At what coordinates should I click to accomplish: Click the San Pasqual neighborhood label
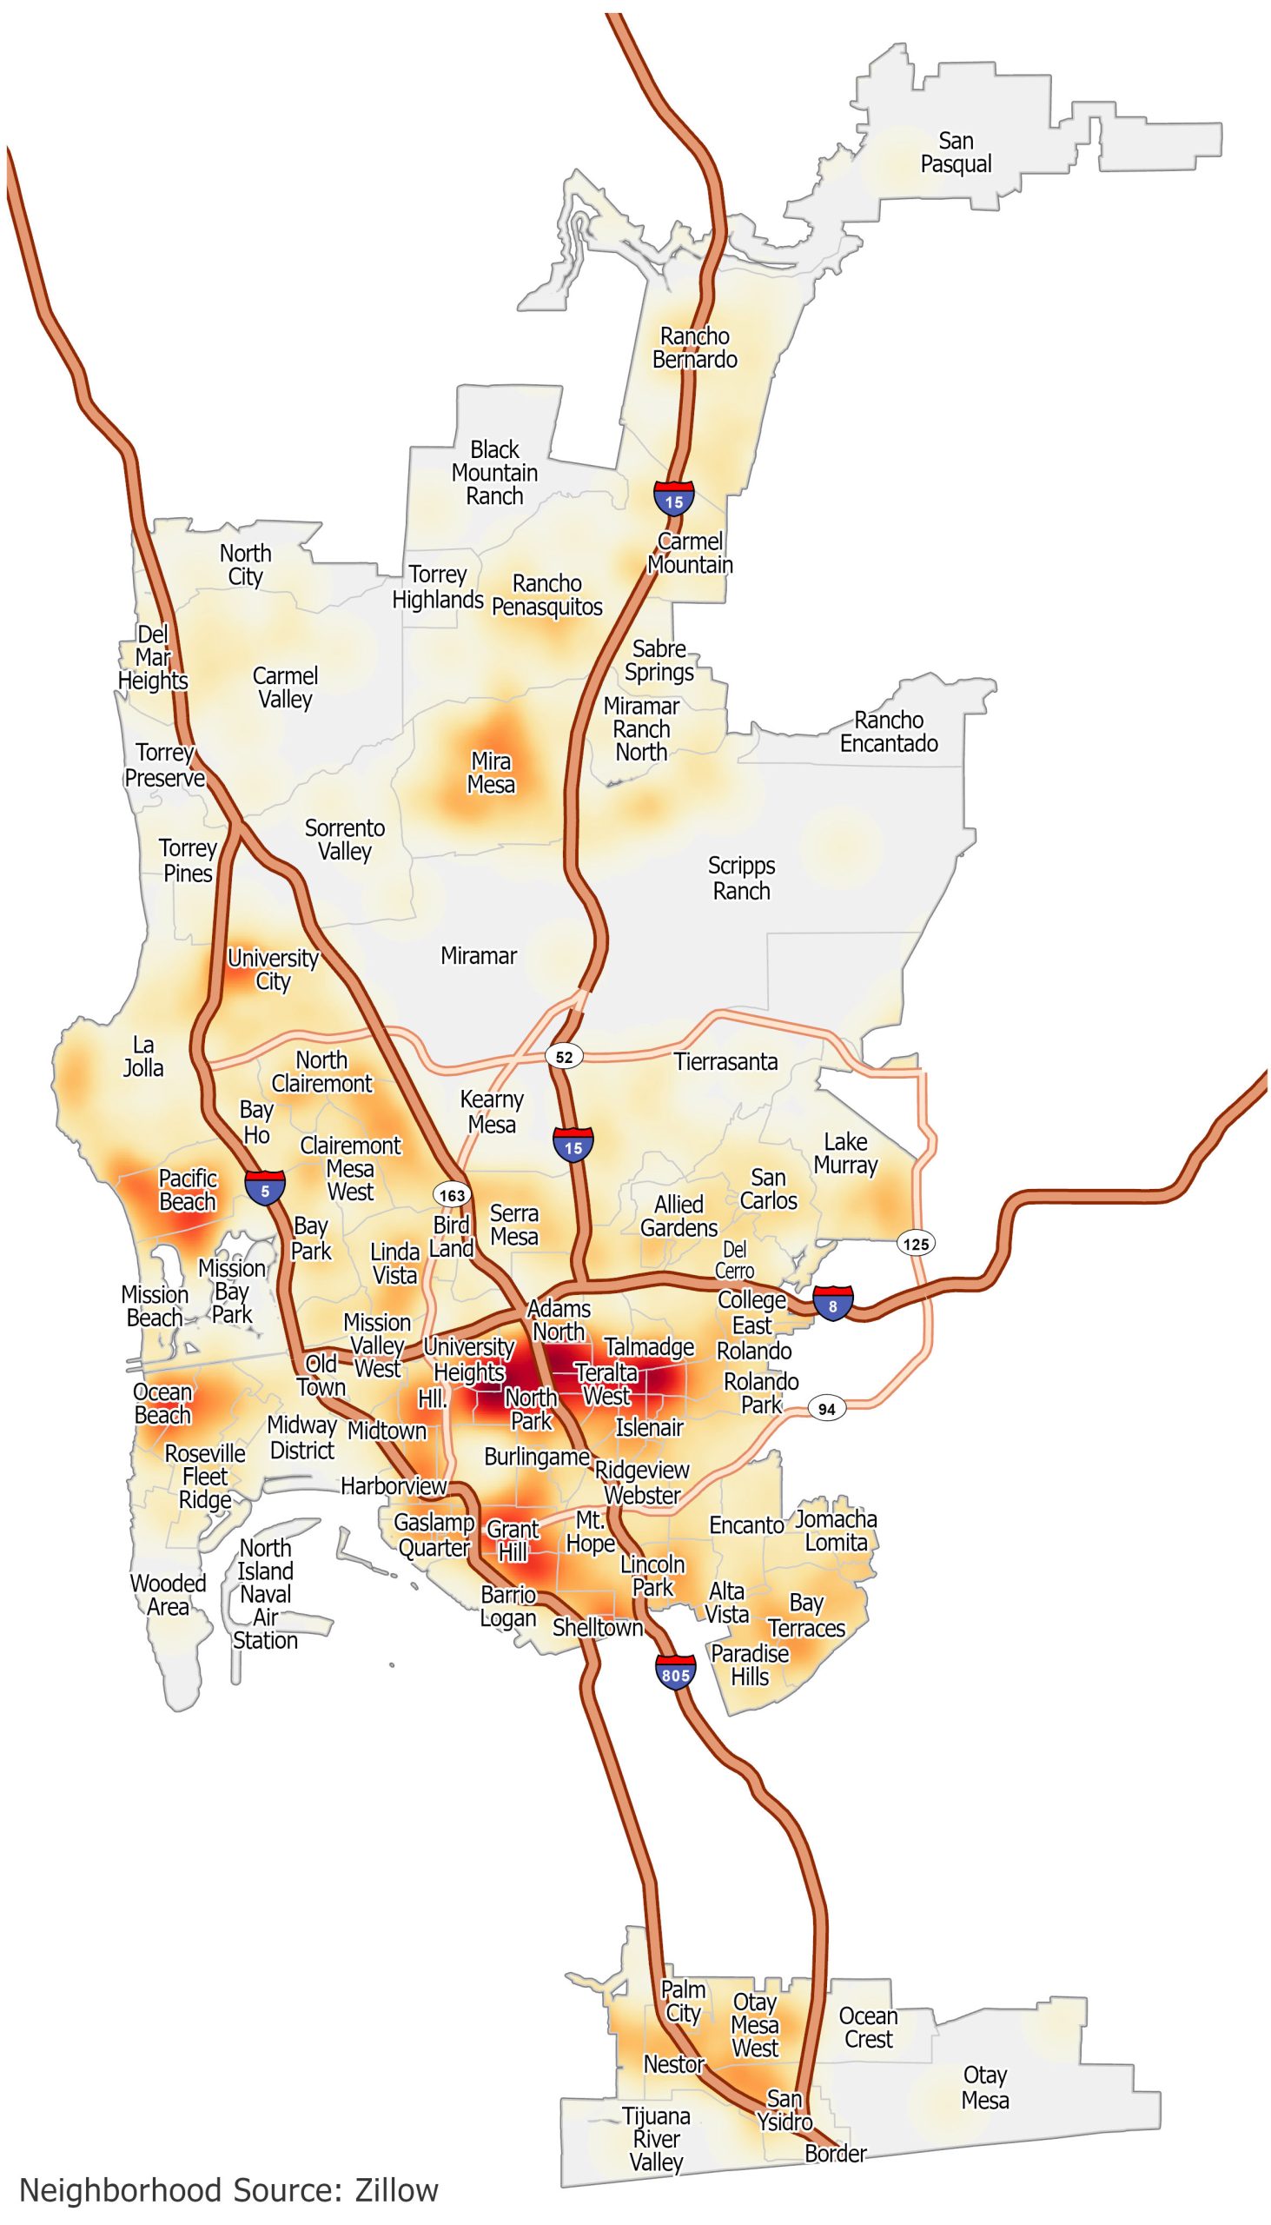click(956, 153)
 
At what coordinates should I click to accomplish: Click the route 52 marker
click(565, 1057)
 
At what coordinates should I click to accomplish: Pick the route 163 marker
click(452, 1193)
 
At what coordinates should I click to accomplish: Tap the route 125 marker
click(917, 1244)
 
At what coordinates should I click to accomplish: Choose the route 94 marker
click(826, 1409)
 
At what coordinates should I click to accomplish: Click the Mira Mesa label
click(491, 773)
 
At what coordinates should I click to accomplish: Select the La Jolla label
click(143, 1056)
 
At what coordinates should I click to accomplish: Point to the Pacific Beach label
click(187, 1190)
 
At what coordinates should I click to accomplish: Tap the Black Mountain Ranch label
click(494, 473)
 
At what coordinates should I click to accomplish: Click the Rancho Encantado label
click(889, 732)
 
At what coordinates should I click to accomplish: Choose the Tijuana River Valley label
click(657, 2140)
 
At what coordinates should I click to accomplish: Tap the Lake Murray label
click(845, 1153)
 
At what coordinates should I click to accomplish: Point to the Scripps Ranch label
click(741, 878)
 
